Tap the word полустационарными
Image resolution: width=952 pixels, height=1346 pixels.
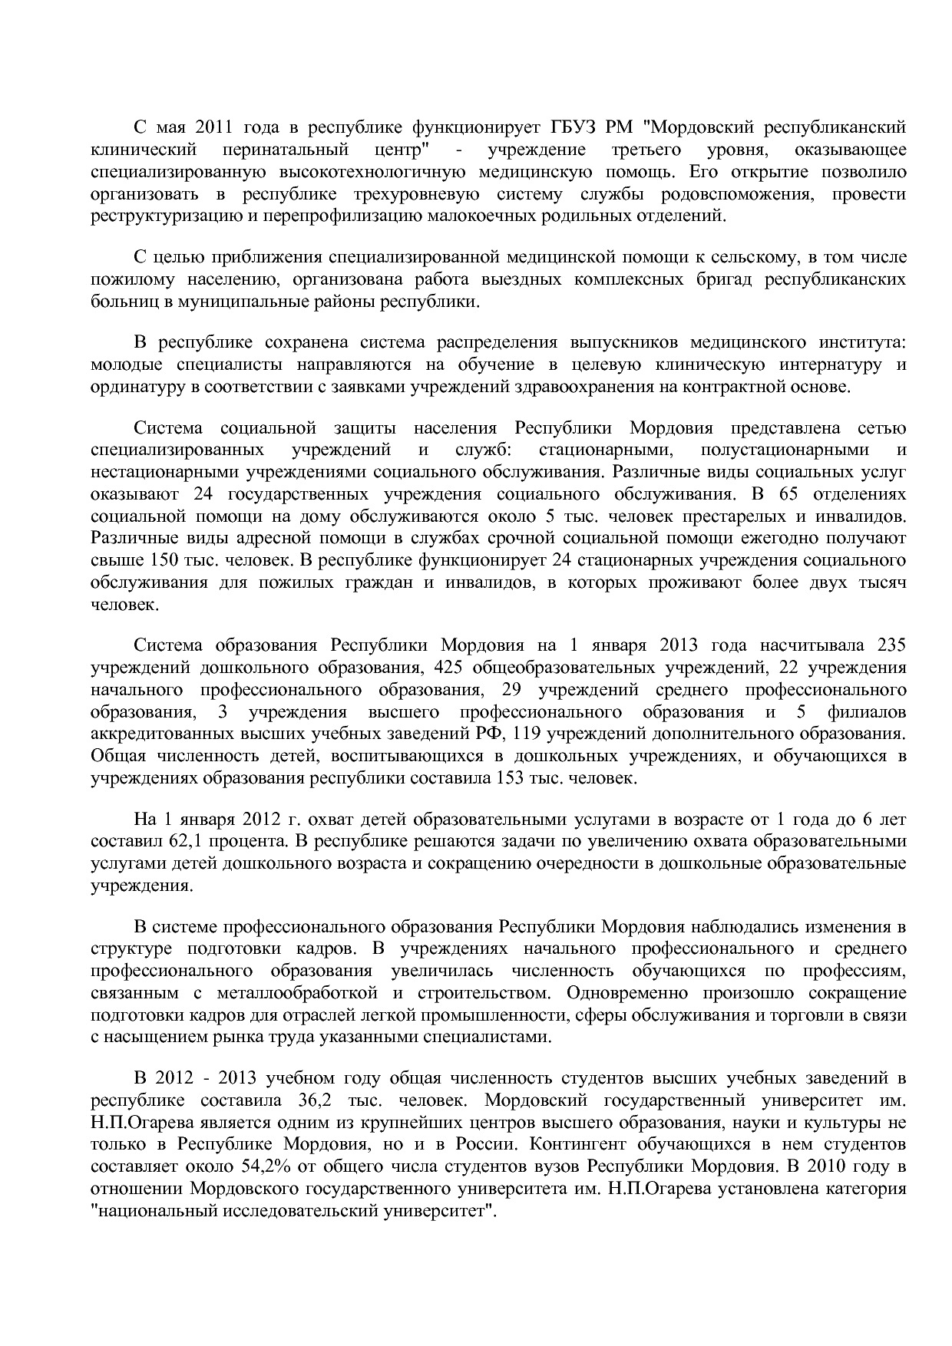tap(785, 449)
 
